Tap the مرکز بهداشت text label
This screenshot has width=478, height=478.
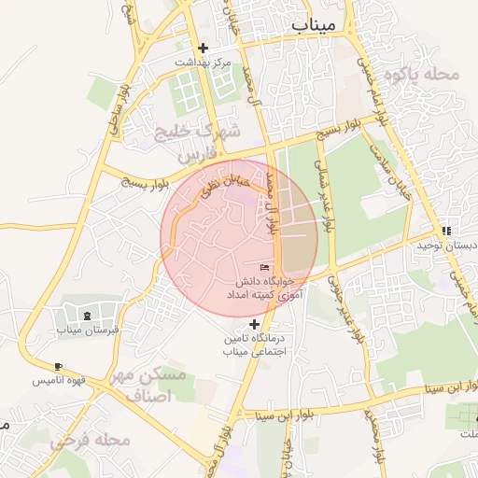tap(204, 62)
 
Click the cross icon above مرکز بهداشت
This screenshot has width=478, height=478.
tap(204, 48)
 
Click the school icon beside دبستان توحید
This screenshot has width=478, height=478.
tap(446, 231)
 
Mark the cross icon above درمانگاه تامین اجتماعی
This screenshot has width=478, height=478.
tap(253, 324)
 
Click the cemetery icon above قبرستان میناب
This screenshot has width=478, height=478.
tap(88, 316)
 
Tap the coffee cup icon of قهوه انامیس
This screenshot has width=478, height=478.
tap(59, 366)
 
